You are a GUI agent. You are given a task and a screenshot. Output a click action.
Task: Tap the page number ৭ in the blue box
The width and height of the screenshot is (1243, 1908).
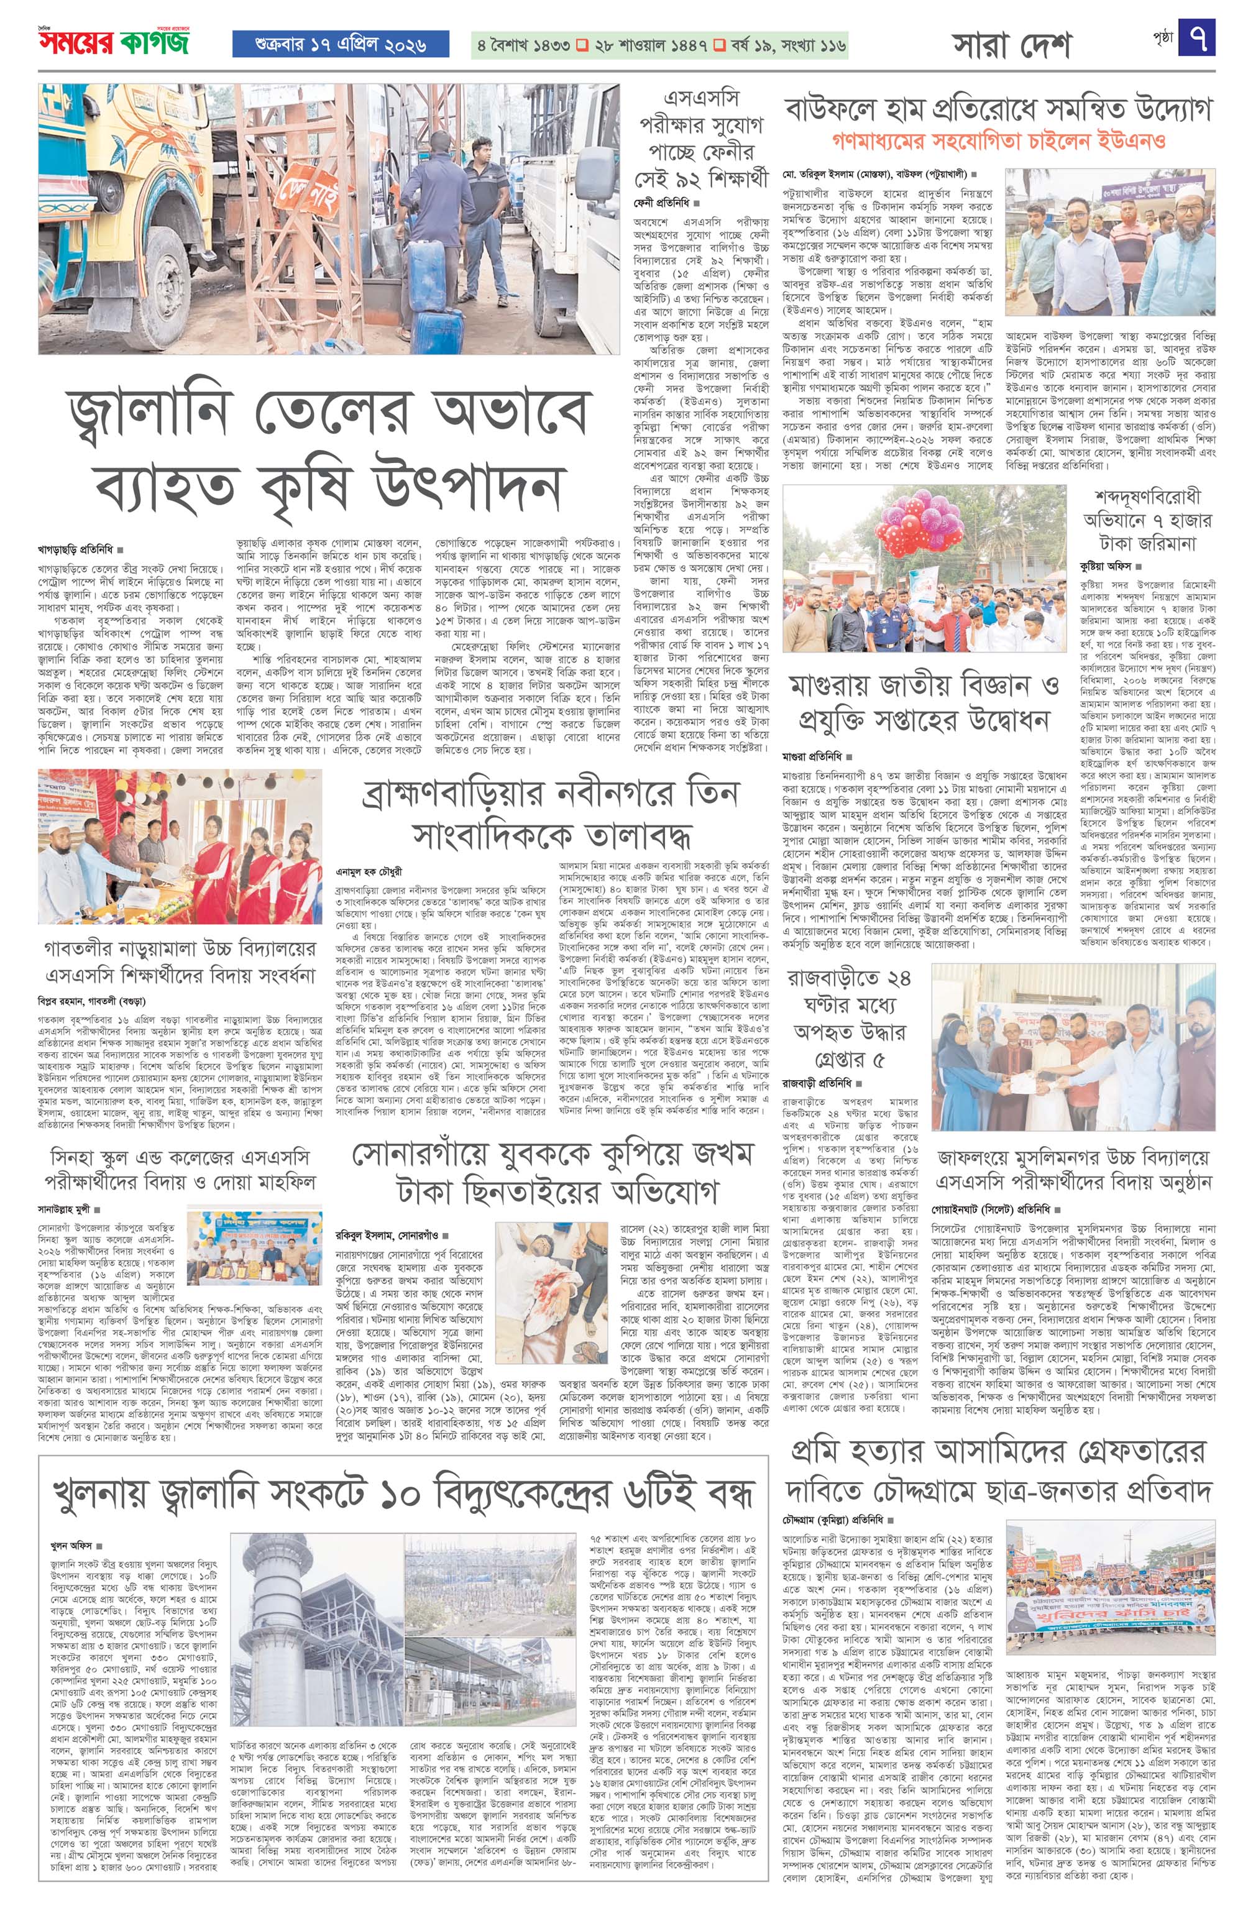[x=1196, y=39]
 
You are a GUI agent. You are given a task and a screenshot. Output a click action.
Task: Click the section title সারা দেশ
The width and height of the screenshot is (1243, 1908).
[x=1011, y=46]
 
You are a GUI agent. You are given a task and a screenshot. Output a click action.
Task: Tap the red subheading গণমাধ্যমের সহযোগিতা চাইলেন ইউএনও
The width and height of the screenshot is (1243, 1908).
[x=997, y=141]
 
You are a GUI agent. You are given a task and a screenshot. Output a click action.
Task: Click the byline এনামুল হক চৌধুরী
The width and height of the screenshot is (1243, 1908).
[x=368, y=870]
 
